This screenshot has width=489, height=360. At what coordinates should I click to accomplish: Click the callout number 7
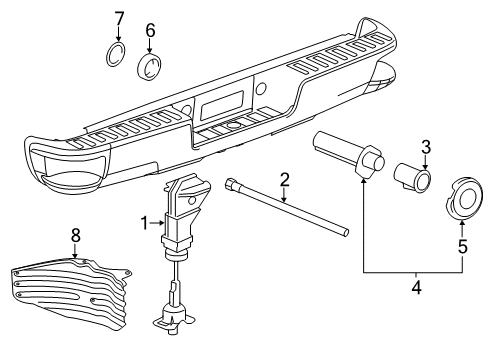point(118,18)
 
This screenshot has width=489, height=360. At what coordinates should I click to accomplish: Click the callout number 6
point(151,31)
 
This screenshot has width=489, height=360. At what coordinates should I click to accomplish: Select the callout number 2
point(284,180)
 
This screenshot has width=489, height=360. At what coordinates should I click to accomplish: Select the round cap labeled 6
point(151,69)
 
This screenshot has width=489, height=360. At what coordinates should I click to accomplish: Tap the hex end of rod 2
point(233,184)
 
